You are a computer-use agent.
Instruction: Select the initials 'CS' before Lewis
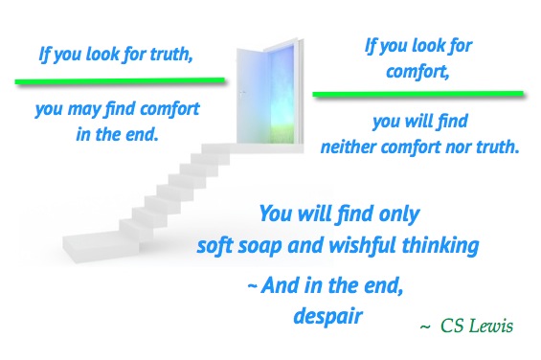452,326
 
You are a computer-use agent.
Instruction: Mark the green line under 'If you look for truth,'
120,79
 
